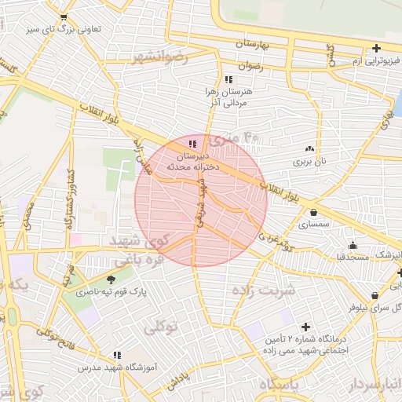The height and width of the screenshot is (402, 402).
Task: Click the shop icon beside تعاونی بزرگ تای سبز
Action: click(x=64, y=16)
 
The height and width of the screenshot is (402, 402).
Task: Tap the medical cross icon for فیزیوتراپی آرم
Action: click(x=377, y=49)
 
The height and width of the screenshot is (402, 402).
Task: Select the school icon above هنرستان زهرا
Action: click(x=228, y=79)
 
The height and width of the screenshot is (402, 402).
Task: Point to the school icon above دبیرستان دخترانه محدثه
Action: click(x=193, y=144)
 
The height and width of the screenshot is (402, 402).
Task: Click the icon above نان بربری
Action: click(x=309, y=148)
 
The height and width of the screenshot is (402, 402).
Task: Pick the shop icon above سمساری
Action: click(x=314, y=212)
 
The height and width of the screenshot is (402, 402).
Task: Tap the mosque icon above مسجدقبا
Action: click(x=353, y=245)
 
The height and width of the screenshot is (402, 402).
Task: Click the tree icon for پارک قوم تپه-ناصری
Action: click(x=111, y=278)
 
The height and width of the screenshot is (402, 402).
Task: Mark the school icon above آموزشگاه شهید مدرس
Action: click(x=117, y=356)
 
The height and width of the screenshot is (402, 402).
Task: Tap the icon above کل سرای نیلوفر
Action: click(x=375, y=296)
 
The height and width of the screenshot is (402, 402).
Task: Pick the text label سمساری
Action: click(x=313, y=225)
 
